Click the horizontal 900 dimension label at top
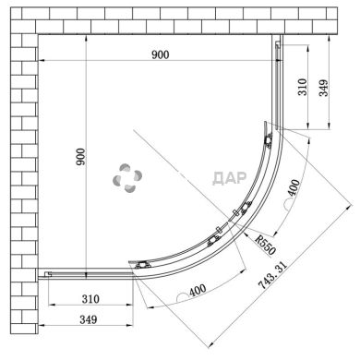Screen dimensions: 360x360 (x=161, y=54)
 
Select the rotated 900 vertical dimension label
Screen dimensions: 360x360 (x=80, y=157)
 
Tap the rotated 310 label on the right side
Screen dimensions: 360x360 (x=303, y=87)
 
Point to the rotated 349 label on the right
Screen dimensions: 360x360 (x=323, y=88)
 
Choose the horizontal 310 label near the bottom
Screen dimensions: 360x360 (x=90, y=299)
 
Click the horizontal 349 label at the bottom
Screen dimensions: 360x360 (x=89, y=319)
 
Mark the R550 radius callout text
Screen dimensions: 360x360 (x=266, y=245)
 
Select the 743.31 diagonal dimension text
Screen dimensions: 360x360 (x=272, y=275)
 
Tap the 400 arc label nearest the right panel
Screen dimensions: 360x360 (x=294, y=187)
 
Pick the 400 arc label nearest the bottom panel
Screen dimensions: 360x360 (x=198, y=290)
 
